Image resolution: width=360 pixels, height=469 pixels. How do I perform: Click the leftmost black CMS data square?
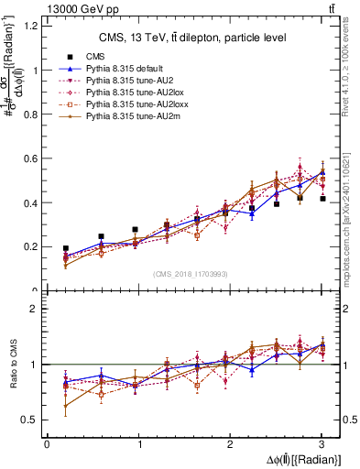66,248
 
